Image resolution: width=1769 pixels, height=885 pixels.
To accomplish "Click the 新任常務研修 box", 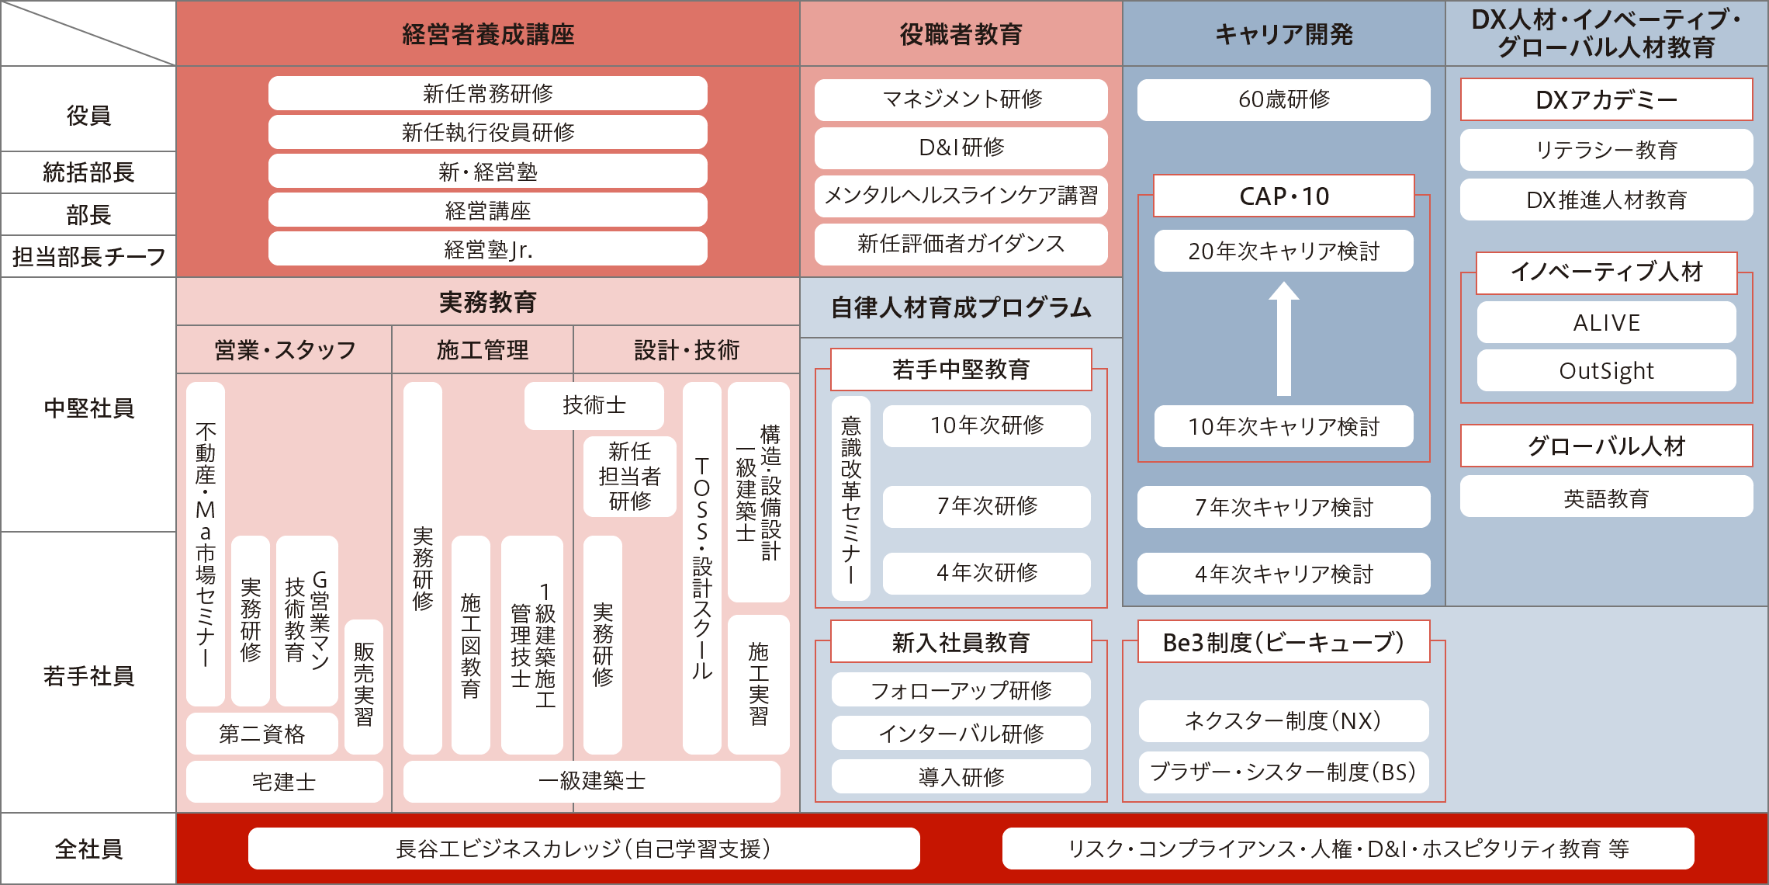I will [487, 93].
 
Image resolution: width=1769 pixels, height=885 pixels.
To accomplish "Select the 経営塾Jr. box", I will [487, 249].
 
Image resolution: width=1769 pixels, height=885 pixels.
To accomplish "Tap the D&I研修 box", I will [961, 147].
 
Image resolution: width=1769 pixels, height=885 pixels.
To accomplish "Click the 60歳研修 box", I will [1283, 99].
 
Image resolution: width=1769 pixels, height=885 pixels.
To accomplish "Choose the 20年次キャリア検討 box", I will [1283, 251].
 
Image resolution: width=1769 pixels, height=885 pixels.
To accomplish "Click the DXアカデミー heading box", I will [1606, 99].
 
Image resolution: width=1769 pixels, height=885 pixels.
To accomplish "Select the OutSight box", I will [1606, 370].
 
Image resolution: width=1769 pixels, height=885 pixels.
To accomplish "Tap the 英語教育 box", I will [1606, 497].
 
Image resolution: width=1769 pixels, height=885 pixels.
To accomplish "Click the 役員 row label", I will [88, 115].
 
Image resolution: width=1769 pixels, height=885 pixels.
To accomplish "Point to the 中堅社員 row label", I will [88, 408].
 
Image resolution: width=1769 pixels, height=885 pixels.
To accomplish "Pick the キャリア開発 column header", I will [1283, 34].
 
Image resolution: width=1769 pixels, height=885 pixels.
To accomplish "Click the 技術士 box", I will [594, 405].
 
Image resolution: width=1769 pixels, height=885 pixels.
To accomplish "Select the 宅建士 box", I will [284, 781].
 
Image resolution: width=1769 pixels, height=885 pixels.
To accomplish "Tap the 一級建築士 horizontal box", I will [591, 781].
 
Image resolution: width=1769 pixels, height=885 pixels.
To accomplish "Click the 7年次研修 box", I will [986, 506].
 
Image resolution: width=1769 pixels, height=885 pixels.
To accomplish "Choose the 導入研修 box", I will [961, 776].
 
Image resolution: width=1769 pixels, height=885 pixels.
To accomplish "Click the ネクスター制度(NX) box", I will [1283, 721].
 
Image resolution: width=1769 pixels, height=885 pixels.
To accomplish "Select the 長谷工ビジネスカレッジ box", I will [583, 849].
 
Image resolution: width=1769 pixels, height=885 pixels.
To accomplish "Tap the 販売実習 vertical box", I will [363, 686].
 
